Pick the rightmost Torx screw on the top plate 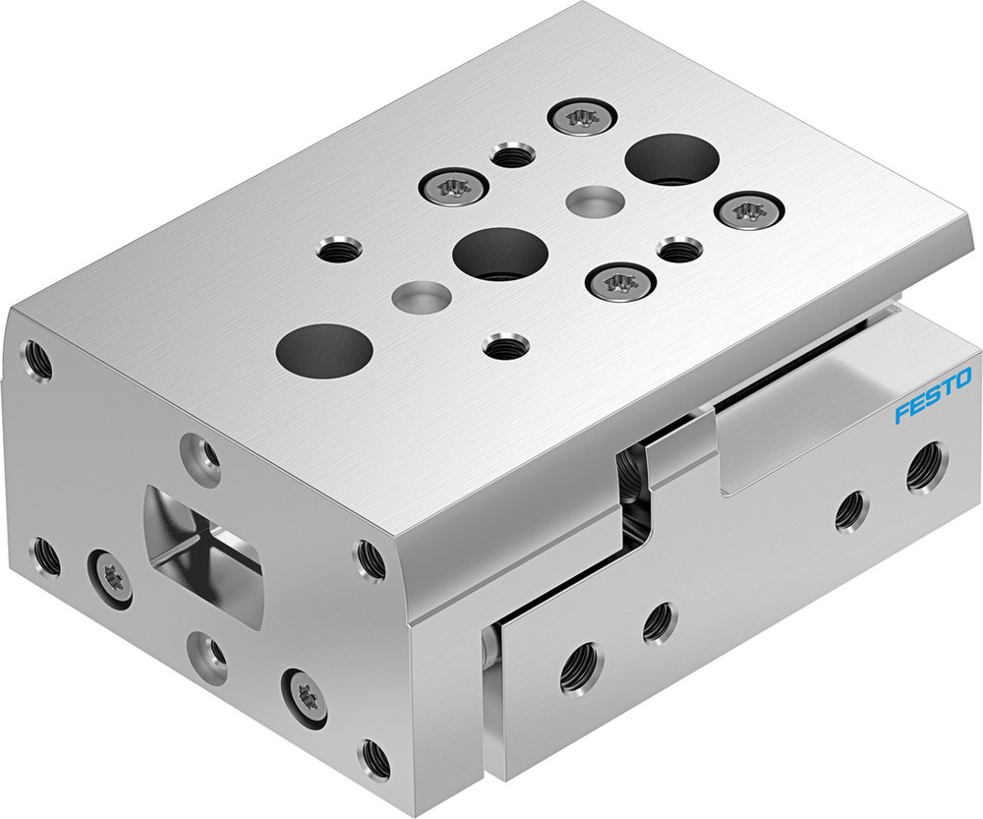coord(746,209)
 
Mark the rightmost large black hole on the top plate coord(672,159)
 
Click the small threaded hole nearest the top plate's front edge coord(505,346)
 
